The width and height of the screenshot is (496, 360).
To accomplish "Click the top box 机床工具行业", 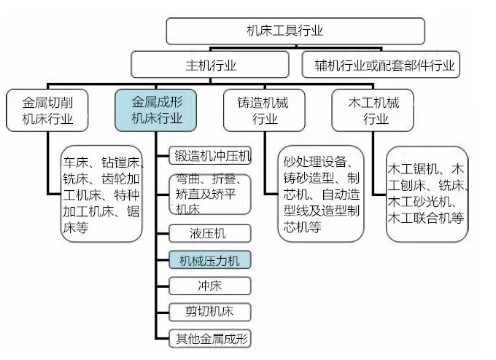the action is (295, 31).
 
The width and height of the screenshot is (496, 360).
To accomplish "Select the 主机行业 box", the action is (210, 65).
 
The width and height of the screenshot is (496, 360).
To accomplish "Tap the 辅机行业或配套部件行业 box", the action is (381, 65).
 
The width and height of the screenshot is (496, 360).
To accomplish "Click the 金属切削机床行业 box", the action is (47, 110).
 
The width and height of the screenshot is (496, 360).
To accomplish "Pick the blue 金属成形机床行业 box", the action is (155, 110).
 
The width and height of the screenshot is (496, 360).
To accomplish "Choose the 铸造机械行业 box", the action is (264, 110).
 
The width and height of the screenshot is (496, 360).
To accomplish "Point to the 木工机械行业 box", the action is (373, 110).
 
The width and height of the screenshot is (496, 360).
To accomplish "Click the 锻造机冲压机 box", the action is (210, 155).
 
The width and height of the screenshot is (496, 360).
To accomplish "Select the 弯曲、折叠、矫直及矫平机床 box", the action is (210, 195).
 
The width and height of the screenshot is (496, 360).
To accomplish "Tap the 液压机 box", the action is (210, 233).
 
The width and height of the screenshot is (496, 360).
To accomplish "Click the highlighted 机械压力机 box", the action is (210, 260).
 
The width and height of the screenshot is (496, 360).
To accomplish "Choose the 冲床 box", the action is (210, 286).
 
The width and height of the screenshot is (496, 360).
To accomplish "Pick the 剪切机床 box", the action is (210, 312).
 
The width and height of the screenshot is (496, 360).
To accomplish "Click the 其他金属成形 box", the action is (210, 339).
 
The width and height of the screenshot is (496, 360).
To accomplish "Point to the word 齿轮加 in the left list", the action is (120, 179).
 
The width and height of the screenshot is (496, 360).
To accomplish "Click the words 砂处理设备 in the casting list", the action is (315, 162).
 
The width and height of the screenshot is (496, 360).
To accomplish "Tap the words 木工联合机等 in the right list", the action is (426, 218).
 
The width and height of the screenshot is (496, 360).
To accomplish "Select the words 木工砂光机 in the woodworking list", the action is (419, 201).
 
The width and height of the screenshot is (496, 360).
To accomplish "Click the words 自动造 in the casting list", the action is (341, 194).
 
